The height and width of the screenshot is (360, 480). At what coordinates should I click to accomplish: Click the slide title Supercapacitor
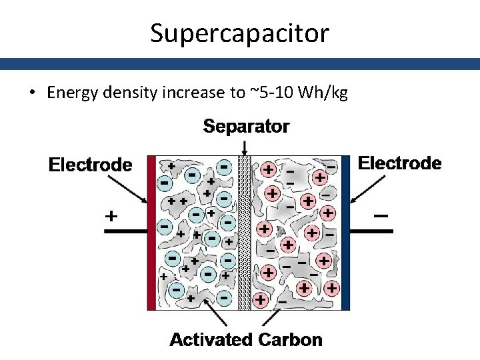[239, 33]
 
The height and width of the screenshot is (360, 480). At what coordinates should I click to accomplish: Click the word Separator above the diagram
[246, 127]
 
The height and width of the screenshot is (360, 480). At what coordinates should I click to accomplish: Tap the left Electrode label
[91, 165]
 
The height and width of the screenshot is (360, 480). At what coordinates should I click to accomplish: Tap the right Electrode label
[400, 163]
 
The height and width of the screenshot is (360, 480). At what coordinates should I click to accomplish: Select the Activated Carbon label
[245, 340]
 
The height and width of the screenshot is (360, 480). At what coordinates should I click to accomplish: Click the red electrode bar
[151, 233]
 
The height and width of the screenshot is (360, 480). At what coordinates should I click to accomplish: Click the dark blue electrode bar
[345, 233]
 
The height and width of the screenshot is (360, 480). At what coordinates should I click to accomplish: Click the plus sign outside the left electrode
[111, 217]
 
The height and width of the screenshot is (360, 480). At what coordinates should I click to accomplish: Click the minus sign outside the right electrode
[381, 216]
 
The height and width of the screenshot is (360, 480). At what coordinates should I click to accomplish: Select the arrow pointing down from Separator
[245, 147]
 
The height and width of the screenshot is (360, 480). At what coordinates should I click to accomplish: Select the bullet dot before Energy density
[33, 93]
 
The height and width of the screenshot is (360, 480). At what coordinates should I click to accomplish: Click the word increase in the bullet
[193, 93]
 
